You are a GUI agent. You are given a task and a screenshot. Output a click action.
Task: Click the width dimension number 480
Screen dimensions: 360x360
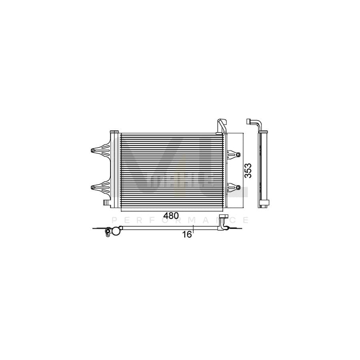171,216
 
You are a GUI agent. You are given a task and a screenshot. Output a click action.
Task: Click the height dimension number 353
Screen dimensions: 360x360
248,171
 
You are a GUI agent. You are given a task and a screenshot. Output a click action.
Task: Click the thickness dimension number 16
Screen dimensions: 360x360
187,234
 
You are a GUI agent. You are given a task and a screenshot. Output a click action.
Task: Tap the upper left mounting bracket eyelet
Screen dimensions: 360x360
93,151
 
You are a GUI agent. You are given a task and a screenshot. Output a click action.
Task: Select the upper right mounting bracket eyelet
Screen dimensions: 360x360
238,154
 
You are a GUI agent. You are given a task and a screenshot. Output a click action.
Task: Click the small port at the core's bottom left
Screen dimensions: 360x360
106,203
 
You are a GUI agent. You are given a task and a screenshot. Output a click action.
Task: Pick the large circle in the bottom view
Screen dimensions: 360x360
116,231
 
